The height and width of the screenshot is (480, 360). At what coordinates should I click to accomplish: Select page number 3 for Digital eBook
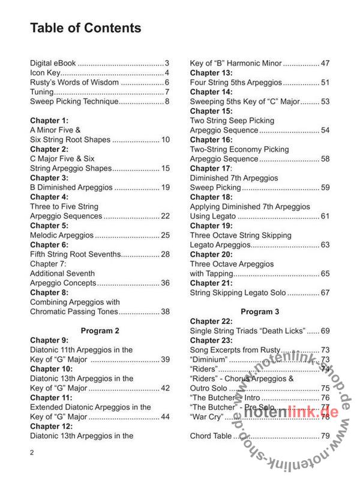click(x=167, y=63)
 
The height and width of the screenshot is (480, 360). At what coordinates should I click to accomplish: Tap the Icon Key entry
click(x=46, y=73)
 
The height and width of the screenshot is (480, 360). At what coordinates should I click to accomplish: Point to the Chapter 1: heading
click(x=49, y=121)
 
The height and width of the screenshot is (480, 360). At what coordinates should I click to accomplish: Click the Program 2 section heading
click(x=100, y=330)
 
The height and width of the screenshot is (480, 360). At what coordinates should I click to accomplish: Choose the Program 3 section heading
click(x=260, y=311)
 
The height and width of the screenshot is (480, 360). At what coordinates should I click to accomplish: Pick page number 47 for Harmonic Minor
click(x=326, y=63)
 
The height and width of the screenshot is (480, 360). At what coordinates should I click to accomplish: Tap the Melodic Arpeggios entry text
click(x=61, y=235)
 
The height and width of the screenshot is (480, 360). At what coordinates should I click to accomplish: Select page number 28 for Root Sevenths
click(x=165, y=254)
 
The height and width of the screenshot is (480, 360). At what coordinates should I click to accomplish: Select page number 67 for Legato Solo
click(x=326, y=293)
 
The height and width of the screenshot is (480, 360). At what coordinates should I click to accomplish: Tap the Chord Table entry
click(x=211, y=436)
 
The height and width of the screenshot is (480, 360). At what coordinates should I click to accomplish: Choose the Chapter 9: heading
click(x=49, y=340)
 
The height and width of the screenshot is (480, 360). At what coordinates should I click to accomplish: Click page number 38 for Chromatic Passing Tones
click(x=165, y=311)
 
